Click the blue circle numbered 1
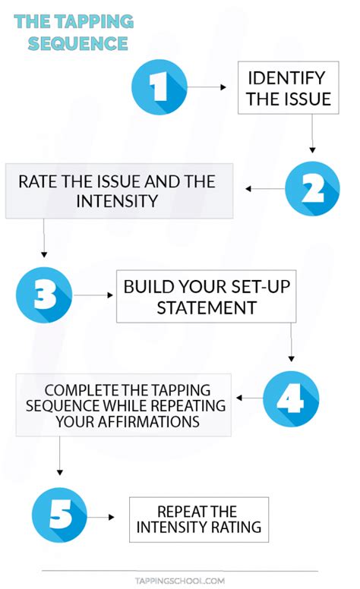tap(159, 87)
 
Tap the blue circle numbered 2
tap(312, 189)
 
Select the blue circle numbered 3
tap(44, 296)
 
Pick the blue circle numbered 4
tap(291, 398)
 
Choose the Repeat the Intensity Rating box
tap(199, 518)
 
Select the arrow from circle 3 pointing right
tap(92, 296)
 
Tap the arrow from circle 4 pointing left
tap(248, 398)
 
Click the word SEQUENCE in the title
tap(78, 43)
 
